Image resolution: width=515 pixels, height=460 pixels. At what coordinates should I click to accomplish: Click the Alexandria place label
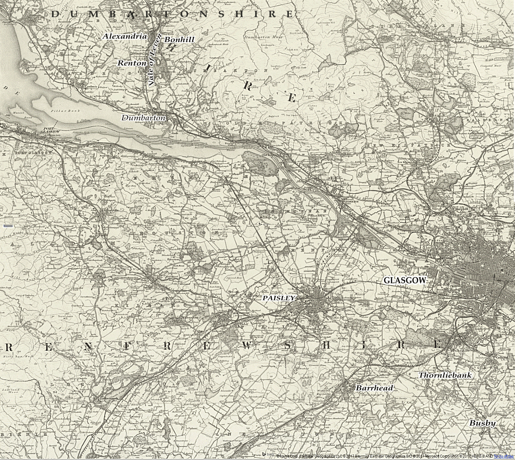point(125,36)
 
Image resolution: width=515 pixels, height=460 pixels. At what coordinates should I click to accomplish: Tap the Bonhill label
point(179,40)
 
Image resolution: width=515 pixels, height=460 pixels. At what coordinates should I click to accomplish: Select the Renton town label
point(132,63)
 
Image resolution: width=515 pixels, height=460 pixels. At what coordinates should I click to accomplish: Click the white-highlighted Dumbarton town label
point(144,118)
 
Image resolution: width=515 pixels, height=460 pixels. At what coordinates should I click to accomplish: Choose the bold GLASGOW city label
point(405,281)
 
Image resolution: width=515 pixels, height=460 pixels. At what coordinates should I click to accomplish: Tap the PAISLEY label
point(278,298)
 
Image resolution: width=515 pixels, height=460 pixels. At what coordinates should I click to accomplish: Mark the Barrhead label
point(374,388)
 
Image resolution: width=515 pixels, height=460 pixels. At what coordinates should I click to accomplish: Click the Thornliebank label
point(445,375)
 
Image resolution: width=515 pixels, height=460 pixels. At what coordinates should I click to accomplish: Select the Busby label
point(482,423)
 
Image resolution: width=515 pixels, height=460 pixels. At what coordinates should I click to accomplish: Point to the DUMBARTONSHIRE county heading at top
point(172,14)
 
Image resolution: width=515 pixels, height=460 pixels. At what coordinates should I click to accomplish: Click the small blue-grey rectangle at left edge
point(8,225)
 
